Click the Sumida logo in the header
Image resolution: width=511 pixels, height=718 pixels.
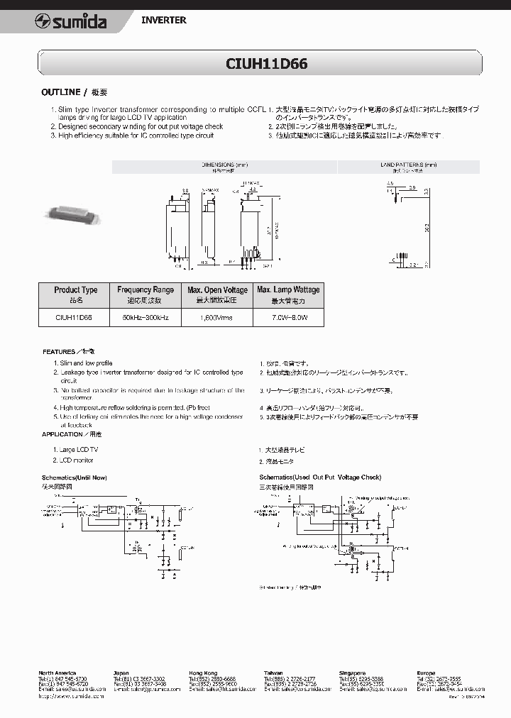coord(70,22)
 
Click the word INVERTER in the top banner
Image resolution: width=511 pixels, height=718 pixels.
coord(163,21)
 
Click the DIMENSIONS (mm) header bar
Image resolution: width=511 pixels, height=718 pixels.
coord(224,167)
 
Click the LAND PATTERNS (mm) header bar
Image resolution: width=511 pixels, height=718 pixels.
coord(408,167)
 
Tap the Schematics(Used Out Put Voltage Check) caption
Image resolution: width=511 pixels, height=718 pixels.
coord(320,477)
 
